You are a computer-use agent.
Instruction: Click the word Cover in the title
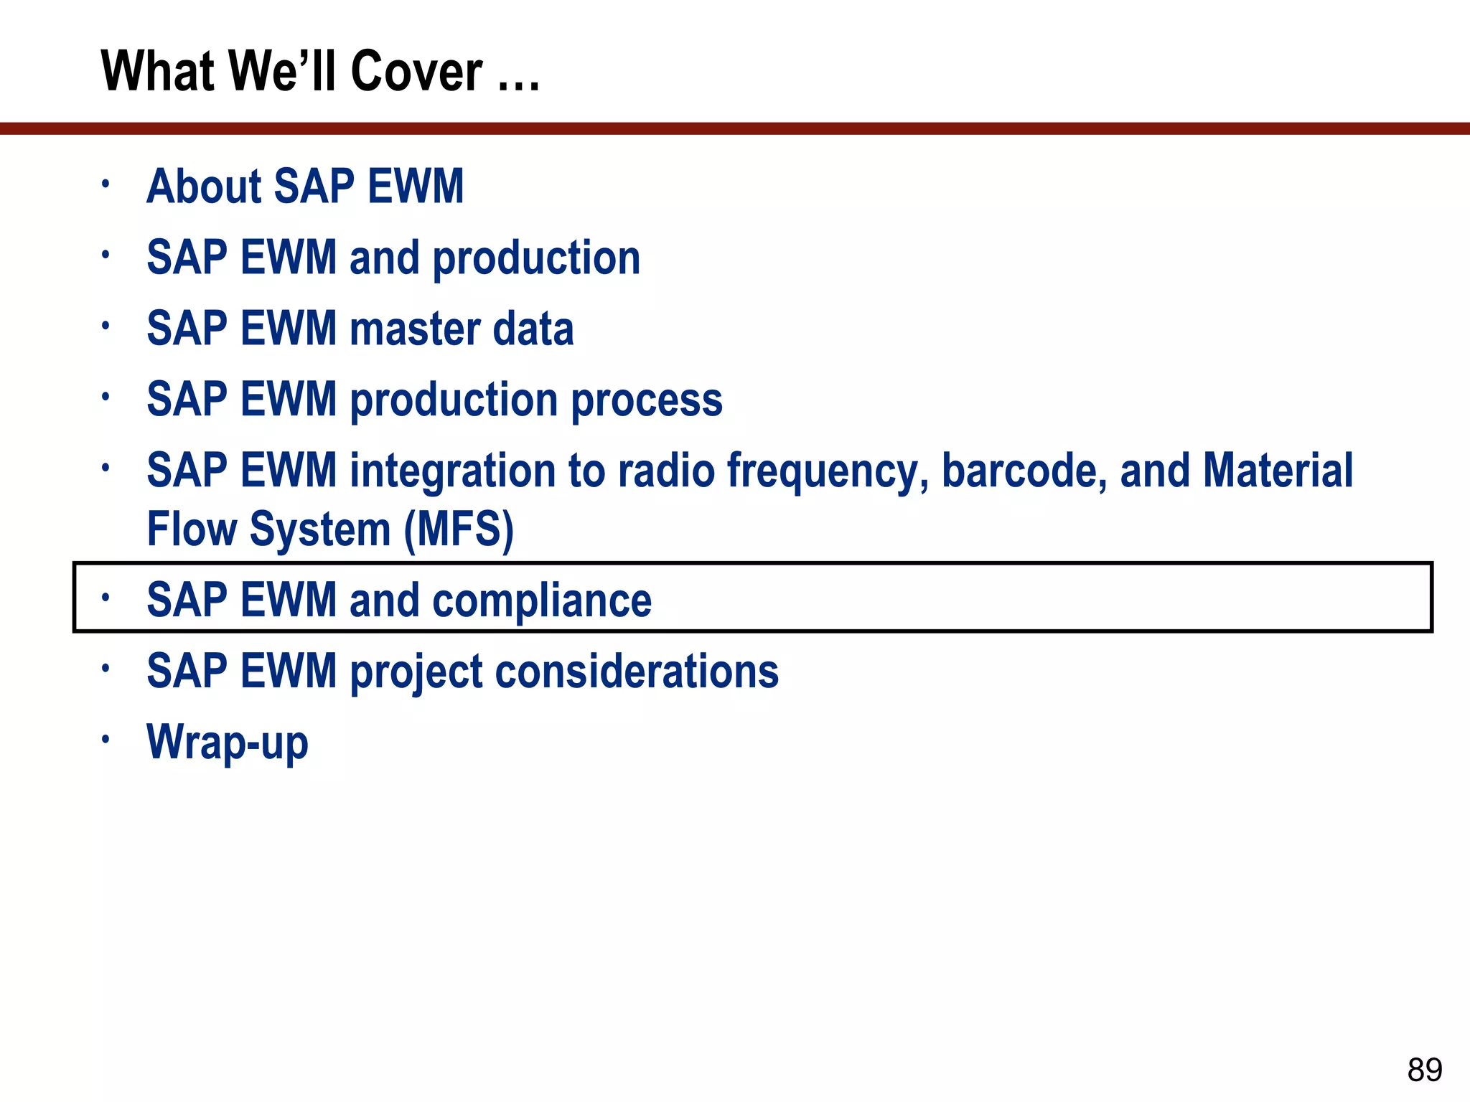(416, 72)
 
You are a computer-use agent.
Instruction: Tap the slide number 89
(1424, 1070)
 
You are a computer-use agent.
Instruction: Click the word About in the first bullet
(204, 187)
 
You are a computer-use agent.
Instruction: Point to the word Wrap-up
(227, 743)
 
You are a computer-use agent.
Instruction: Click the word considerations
(636, 672)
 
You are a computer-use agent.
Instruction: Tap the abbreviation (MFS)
(459, 530)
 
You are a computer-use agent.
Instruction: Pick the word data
(533, 329)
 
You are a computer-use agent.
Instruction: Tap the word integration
(452, 472)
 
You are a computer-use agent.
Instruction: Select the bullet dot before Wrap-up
(106, 739)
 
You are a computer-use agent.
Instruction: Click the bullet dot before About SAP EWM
(106, 184)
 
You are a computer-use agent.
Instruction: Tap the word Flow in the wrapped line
(191, 529)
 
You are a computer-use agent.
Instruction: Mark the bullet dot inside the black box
(106, 597)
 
